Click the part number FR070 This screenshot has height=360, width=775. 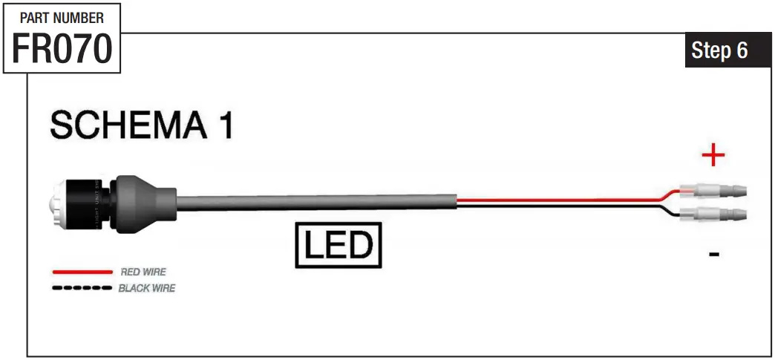(x=62, y=49)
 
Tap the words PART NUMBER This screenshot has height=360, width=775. (x=62, y=17)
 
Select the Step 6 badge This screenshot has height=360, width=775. (x=719, y=50)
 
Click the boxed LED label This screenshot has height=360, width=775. (x=339, y=245)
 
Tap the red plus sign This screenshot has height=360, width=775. (x=713, y=155)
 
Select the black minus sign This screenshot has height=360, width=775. (x=713, y=255)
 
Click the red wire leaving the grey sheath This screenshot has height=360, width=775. (x=557, y=199)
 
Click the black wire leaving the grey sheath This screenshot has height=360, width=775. (x=557, y=206)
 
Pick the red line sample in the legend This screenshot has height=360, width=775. (x=82, y=272)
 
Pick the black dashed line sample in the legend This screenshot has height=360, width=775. (x=82, y=287)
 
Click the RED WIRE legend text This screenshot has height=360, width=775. (x=143, y=272)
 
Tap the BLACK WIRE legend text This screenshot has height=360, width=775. (x=147, y=287)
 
